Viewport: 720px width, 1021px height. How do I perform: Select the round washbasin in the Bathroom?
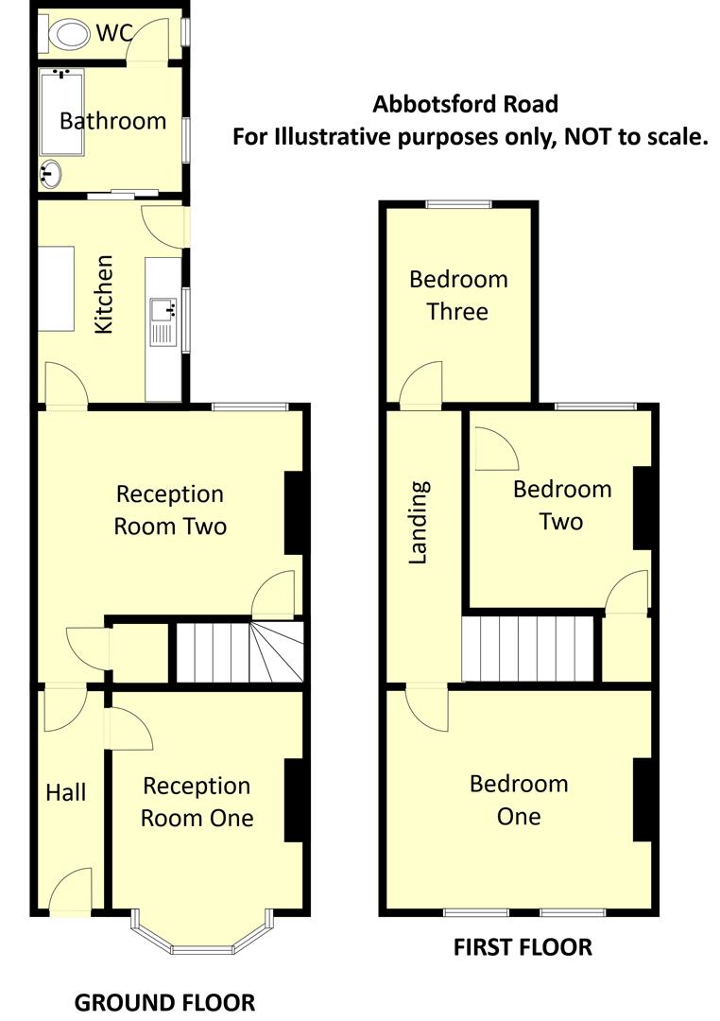pyautogui.click(x=51, y=174)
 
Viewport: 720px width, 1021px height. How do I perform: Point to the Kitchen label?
pyautogui.click(x=104, y=293)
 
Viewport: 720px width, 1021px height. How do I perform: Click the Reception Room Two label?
pyautogui.click(x=170, y=510)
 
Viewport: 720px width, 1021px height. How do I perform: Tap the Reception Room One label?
pyautogui.click(x=197, y=802)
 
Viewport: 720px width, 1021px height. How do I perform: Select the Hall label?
pyautogui.click(x=66, y=792)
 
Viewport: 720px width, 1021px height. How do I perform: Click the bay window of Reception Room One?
pyautogui.click(x=201, y=931)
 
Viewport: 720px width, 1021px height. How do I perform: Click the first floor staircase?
pyautogui.click(x=529, y=648)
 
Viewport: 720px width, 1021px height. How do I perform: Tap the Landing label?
pyautogui.click(x=419, y=523)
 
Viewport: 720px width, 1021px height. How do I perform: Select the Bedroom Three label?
pyautogui.click(x=458, y=295)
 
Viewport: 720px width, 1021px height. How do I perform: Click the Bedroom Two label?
pyautogui.click(x=561, y=505)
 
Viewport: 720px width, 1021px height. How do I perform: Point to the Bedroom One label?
pyautogui.click(x=519, y=799)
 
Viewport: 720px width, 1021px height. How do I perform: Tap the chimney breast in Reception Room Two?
pyautogui.click(x=296, y=511)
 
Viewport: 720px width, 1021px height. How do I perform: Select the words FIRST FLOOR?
pyautogui.click(x=523, y=946)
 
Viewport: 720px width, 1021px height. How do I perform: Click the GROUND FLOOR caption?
pyautogui.click(x=164, y=1002)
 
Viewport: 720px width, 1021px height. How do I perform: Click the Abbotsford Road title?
pyautogui.click(x=465, y=104)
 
